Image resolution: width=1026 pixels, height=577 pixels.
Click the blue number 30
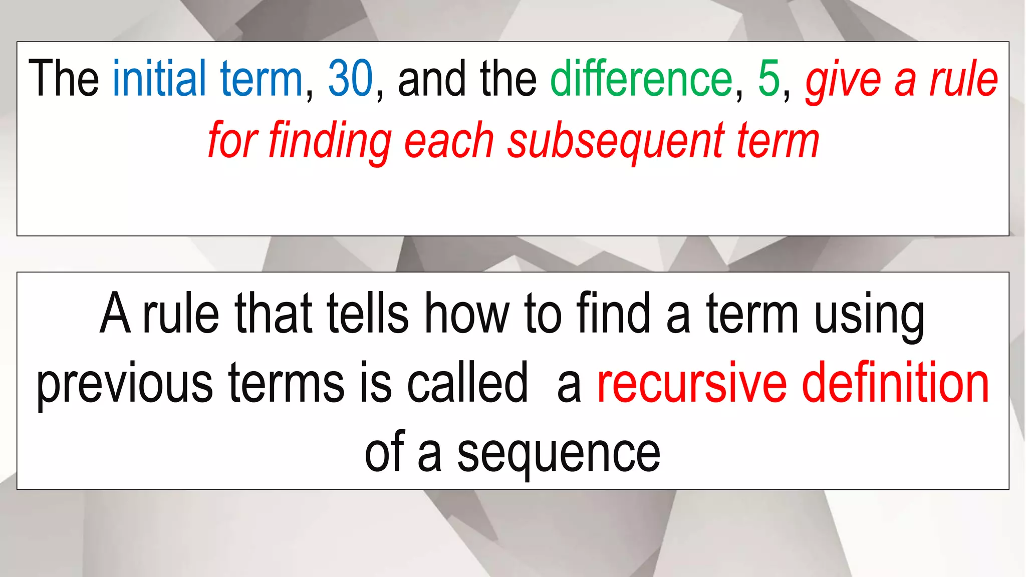point(351,79)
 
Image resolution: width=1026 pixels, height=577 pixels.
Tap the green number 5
point(769,79)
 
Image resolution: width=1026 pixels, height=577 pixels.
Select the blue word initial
point(159,79)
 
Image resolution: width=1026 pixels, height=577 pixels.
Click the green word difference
point(642,79)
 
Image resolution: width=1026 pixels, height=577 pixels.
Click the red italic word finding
point(330,141)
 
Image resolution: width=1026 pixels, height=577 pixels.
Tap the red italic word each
point(449,141)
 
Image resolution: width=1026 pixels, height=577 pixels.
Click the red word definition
point(896,383)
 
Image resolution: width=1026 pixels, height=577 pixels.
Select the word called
point(467,383)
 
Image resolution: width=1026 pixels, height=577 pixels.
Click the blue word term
point(261,79)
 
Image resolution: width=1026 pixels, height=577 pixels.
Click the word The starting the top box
point(64,79)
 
